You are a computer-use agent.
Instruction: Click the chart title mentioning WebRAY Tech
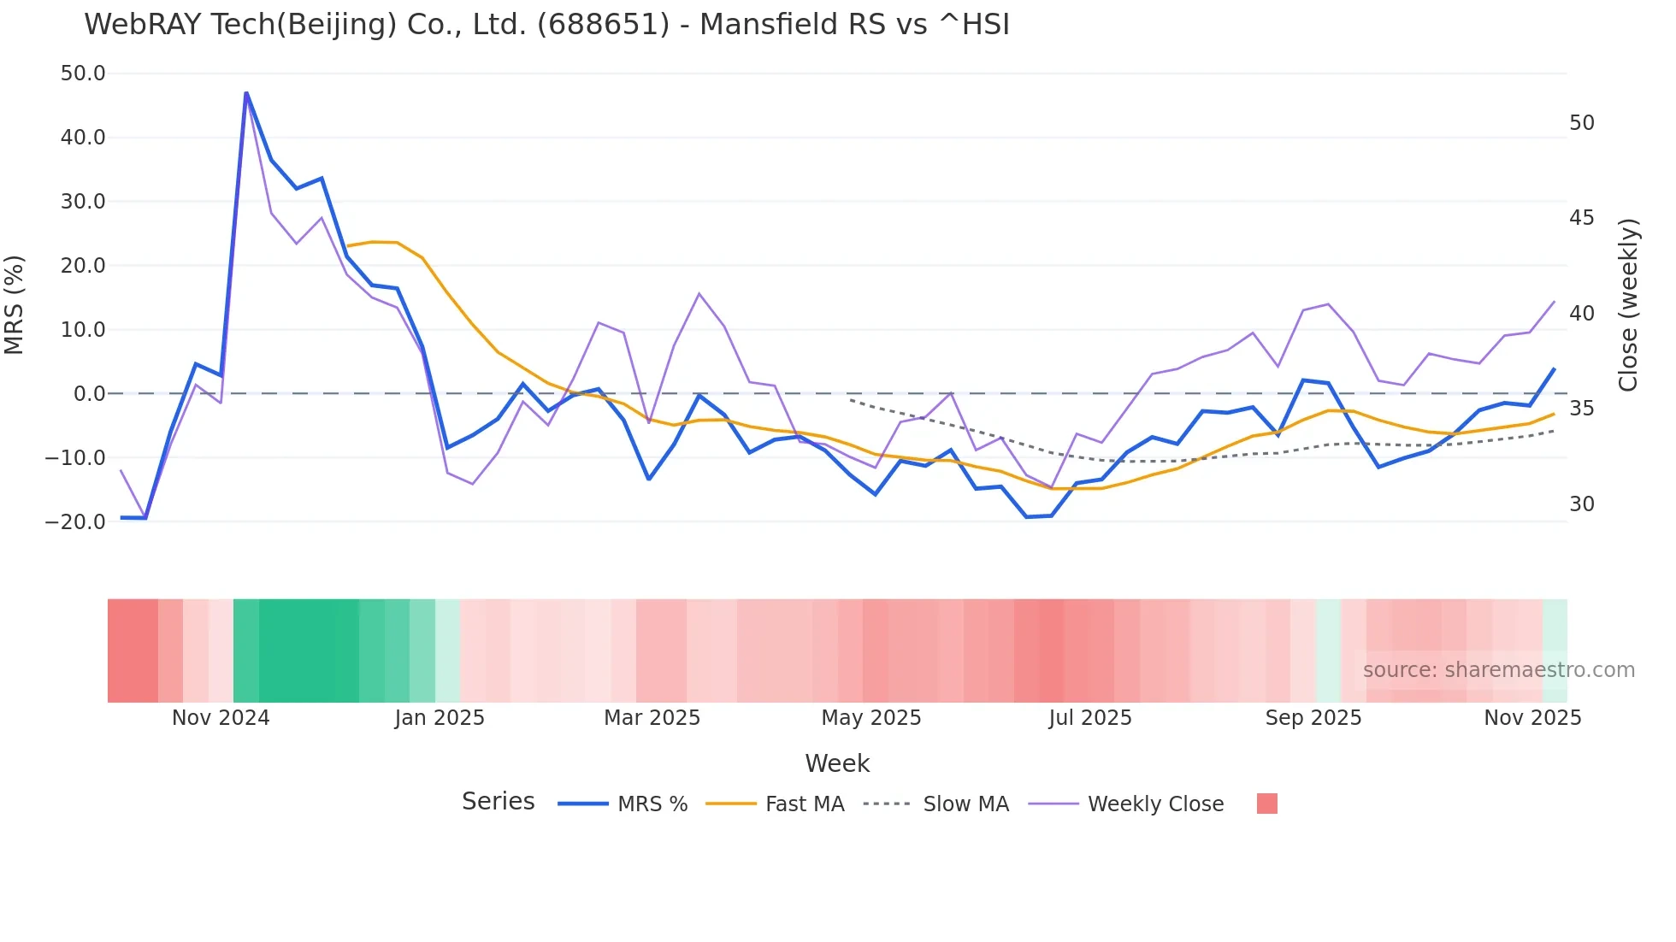click(x=546, y=25)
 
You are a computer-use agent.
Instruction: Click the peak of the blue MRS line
click(x=246, y=92)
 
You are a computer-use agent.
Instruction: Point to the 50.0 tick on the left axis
click(x=83, y=74)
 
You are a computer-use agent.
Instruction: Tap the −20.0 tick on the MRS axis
click(x=76, y=521)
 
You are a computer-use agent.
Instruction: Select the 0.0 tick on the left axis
click(x=89, y=394)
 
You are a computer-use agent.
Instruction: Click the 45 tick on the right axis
click(x=1581, y=218)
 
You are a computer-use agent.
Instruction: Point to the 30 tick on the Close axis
click(x=1581, y=504)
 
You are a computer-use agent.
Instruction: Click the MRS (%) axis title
click(x=15, y=304)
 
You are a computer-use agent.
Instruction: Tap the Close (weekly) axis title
click(x=1628, y=304)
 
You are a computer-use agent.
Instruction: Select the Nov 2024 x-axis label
click(x=221, y=718)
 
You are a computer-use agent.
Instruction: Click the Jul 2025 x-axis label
click(x=1090, y=718)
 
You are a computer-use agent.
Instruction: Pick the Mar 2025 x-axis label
click(x=652, y=718)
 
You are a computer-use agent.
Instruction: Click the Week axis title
click(x=837, y=763)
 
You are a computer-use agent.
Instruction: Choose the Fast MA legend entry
click(x=804, y=804)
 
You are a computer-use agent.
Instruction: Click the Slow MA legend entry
click(x=965, y=804)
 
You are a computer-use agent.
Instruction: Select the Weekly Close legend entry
click(x=1155, y=804)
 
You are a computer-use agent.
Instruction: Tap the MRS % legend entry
click(x=652, y=804)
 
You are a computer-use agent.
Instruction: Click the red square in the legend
click(x=1266, y=804)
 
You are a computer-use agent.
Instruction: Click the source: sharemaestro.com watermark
click(x=1498, y=670)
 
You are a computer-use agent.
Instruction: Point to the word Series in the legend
click(x=498, y=802)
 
